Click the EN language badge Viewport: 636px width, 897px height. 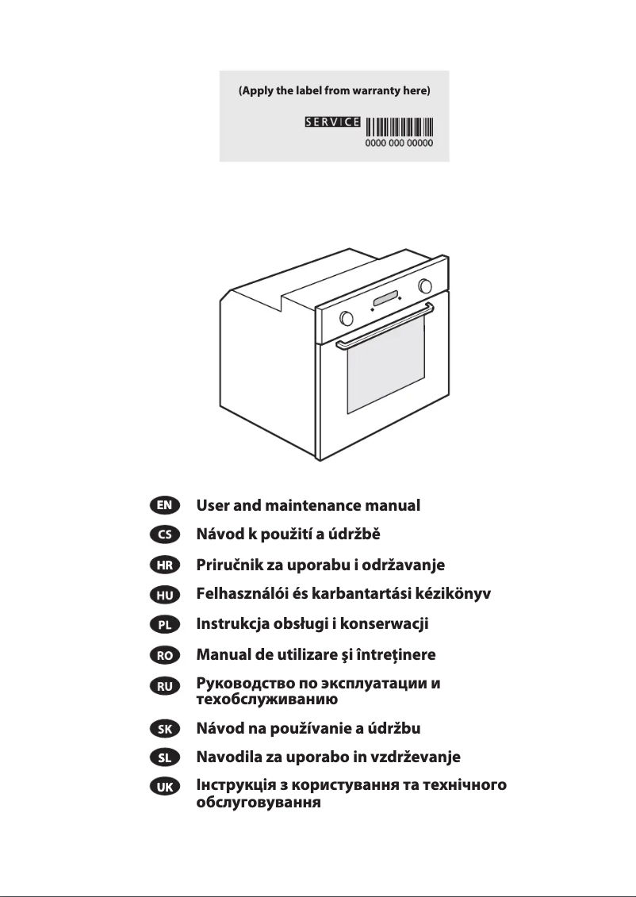(x=165, y=504)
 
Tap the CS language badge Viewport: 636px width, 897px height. (x=165, y=535)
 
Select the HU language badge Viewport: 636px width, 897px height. (x=165, y=595)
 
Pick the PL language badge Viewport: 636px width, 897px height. (x=165, y=625)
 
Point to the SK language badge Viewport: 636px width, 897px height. (x=165, y=727)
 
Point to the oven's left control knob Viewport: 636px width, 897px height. (x=346, y=318)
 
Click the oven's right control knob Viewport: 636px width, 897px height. (x=426, y=285)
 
